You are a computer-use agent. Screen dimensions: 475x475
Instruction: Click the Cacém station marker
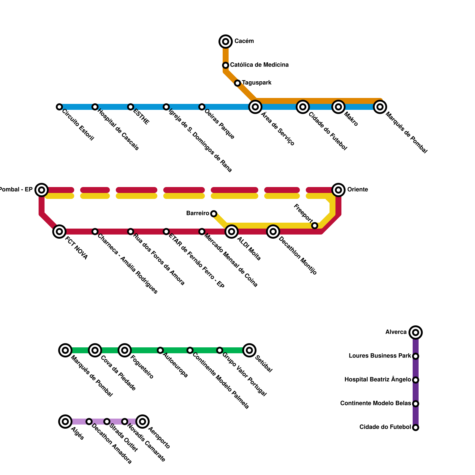226,42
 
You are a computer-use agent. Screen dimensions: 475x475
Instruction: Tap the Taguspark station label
256,83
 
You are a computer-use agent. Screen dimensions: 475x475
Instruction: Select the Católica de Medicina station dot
226,65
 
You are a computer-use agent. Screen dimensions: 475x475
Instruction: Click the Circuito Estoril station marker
59,107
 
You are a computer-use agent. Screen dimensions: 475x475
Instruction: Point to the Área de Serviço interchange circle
255,107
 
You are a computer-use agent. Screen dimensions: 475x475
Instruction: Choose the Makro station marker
338,107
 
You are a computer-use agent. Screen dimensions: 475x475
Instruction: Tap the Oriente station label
357,190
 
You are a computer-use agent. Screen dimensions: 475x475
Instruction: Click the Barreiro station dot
214,214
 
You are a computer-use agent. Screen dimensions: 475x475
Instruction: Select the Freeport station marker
315,226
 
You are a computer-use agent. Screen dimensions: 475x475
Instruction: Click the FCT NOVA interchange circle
59,232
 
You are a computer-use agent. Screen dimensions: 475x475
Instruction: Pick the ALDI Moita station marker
232,232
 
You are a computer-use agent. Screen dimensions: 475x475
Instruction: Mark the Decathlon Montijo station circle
273,232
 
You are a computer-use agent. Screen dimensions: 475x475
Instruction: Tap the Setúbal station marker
249,350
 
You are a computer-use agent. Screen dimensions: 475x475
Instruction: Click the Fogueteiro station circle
125,350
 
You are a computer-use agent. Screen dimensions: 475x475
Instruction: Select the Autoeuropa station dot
160,350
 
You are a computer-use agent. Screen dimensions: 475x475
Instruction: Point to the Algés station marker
65,422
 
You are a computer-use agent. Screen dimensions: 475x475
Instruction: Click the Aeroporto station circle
142,422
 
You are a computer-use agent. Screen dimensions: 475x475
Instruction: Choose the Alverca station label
396,332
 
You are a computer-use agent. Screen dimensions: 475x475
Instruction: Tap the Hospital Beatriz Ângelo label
377,380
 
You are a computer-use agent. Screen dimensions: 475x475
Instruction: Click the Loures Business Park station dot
416,356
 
